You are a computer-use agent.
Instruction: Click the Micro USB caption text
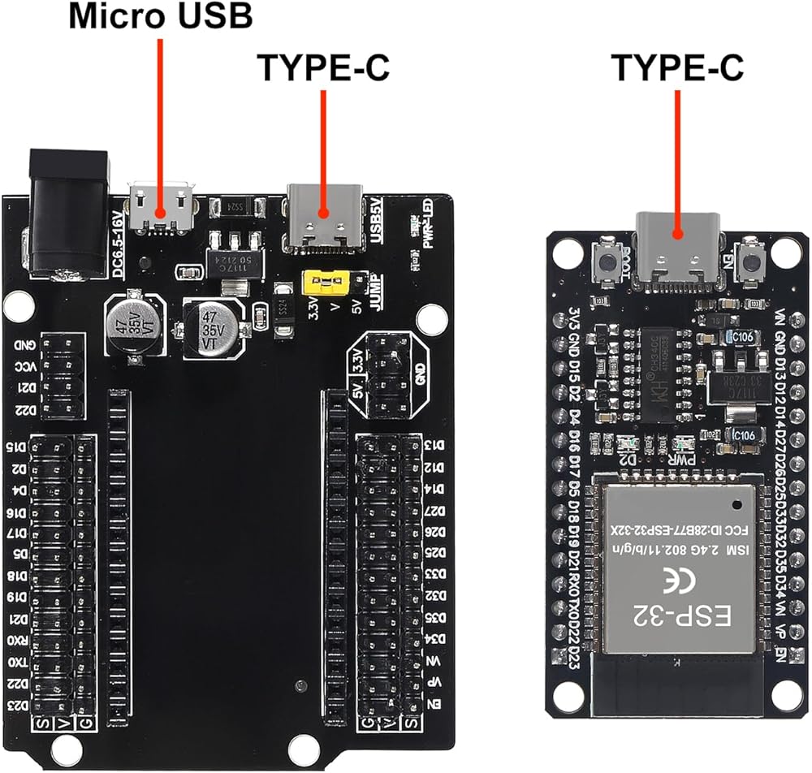(160, 16)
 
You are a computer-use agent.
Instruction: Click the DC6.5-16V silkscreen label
(119, 241)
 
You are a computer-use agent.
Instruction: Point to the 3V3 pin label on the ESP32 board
(573, 316)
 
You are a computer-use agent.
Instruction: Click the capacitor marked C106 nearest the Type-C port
(743, 335)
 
